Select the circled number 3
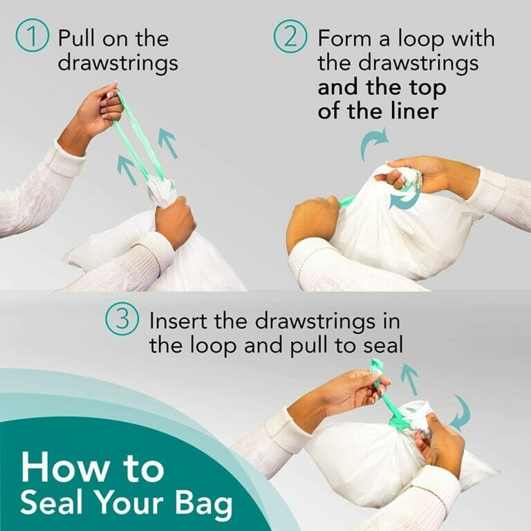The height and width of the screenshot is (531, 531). pos(121,321)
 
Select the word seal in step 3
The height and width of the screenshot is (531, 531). pos(384,346)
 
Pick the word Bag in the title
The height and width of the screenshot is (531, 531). pos(203,505)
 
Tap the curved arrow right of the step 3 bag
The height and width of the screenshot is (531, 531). pos(460,413)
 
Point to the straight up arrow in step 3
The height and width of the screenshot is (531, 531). pos(410,379)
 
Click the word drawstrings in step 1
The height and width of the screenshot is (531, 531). pos(118,63)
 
